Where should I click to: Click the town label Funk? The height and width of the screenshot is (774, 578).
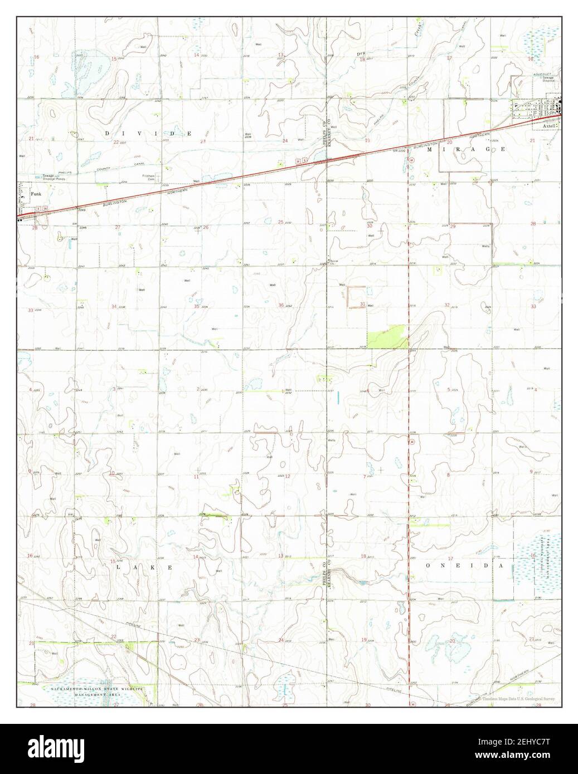tap(36, 194)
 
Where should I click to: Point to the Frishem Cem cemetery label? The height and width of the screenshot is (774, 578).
tap(147, 177)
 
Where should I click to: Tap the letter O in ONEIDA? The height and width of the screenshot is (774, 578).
tap(429, 565)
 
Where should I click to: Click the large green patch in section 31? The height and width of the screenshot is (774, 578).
tap(387, 337)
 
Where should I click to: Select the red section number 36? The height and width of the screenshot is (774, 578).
tap(281, 305)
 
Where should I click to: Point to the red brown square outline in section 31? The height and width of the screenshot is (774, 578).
tap(357, 296)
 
